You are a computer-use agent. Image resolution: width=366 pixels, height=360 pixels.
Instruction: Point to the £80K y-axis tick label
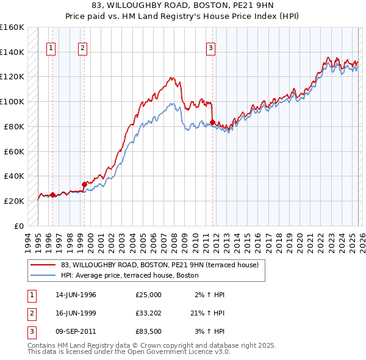tap(14, 126)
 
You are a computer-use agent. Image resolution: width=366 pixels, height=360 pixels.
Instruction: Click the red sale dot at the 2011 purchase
tap(212, 122)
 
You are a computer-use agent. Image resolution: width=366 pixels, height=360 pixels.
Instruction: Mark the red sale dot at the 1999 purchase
tap(84, 184)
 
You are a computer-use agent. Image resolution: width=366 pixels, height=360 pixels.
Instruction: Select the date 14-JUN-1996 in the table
tap(76, 295)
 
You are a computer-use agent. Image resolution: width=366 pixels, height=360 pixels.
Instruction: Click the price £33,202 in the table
tap(148, 313)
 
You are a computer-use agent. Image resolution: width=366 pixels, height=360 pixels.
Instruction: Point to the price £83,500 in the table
tap(148, 331)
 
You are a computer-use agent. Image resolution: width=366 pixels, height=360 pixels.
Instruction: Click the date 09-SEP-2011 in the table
tap(76, 331)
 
